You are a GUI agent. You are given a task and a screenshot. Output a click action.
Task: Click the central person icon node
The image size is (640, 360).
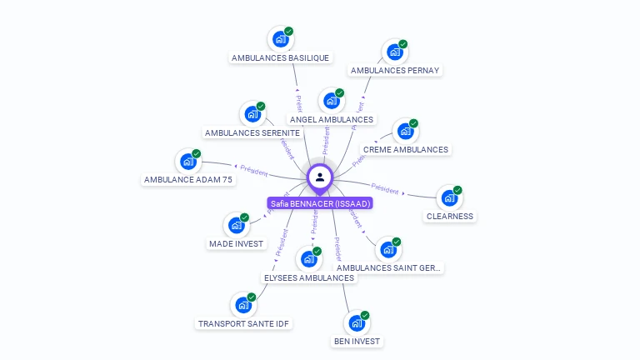click(x=320, y=177)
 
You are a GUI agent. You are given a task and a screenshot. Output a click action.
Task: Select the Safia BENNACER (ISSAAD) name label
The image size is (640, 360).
click(x=320, y=203)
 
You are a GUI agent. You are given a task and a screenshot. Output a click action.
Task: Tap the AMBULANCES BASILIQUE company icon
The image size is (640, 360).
click(x=280, y=39)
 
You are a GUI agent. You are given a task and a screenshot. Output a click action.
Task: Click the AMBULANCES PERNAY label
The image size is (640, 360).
click(x=395, y=70)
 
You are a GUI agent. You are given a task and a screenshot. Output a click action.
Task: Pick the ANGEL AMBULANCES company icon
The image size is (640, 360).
click(x=331, y=101)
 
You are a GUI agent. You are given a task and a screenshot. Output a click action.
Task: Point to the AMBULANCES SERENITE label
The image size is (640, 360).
click(x=252, y=132)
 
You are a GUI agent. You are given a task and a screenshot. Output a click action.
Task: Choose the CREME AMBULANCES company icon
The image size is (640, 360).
click(x=405, y=132)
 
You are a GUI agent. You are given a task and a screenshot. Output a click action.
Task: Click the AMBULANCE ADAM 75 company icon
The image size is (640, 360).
click(x=187, y=162)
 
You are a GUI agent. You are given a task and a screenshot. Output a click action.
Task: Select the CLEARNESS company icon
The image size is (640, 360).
click(x=449, y=198)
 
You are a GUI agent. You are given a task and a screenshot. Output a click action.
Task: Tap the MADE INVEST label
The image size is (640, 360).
click(x=236, y=243)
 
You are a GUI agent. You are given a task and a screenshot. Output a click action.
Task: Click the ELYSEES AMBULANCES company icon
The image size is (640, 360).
click(x=308, y=259)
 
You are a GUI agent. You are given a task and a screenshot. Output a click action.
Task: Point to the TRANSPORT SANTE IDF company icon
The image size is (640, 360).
click(x=242, y=305)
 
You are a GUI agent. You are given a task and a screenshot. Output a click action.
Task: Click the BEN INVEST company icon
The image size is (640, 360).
click(x=356, y=323)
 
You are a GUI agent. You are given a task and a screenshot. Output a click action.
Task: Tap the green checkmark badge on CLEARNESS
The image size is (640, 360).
click(x=457, y=190)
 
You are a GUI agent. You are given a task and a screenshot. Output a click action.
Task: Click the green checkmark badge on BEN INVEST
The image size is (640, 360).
click(x=364, y=315)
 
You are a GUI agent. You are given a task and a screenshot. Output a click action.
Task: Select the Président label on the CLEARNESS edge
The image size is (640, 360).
click(x=385, y=189)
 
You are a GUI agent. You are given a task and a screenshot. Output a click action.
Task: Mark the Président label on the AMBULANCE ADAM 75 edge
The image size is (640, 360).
click(x=253, y=172)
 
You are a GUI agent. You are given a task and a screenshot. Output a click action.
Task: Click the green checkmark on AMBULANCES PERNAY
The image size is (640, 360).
click(x=402, y=43)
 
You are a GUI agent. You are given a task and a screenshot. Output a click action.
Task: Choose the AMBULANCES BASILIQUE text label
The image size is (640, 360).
click(x=280, y=57)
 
